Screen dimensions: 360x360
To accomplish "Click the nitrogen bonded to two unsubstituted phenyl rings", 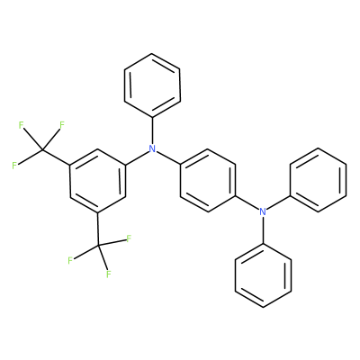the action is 263,211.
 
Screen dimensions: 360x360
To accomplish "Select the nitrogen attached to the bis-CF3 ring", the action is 153,148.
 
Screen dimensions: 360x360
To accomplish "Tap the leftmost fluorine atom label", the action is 14,166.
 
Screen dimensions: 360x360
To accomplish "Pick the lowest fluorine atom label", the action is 109,274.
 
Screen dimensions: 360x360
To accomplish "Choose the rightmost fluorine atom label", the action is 129,238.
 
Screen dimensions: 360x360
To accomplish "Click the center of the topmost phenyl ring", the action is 152,85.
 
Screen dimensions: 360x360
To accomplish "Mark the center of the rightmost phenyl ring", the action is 318,180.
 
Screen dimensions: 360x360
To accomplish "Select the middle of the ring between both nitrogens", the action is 208,180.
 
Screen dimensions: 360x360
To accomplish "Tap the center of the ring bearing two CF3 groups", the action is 97,181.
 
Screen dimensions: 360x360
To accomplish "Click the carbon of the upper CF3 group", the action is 42,149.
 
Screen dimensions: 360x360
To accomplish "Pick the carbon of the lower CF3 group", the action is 98,246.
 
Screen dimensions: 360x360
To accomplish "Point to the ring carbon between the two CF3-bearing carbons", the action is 70,197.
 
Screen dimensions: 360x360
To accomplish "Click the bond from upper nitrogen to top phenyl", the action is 153,130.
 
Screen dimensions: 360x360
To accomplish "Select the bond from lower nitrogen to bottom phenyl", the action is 263,229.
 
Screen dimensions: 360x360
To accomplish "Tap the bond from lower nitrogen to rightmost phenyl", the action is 278,203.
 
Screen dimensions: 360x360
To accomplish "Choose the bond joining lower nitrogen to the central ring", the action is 247,203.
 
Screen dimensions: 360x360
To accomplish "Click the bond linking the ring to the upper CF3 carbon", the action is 56,157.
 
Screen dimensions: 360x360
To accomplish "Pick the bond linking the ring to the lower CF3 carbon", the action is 98,229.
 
